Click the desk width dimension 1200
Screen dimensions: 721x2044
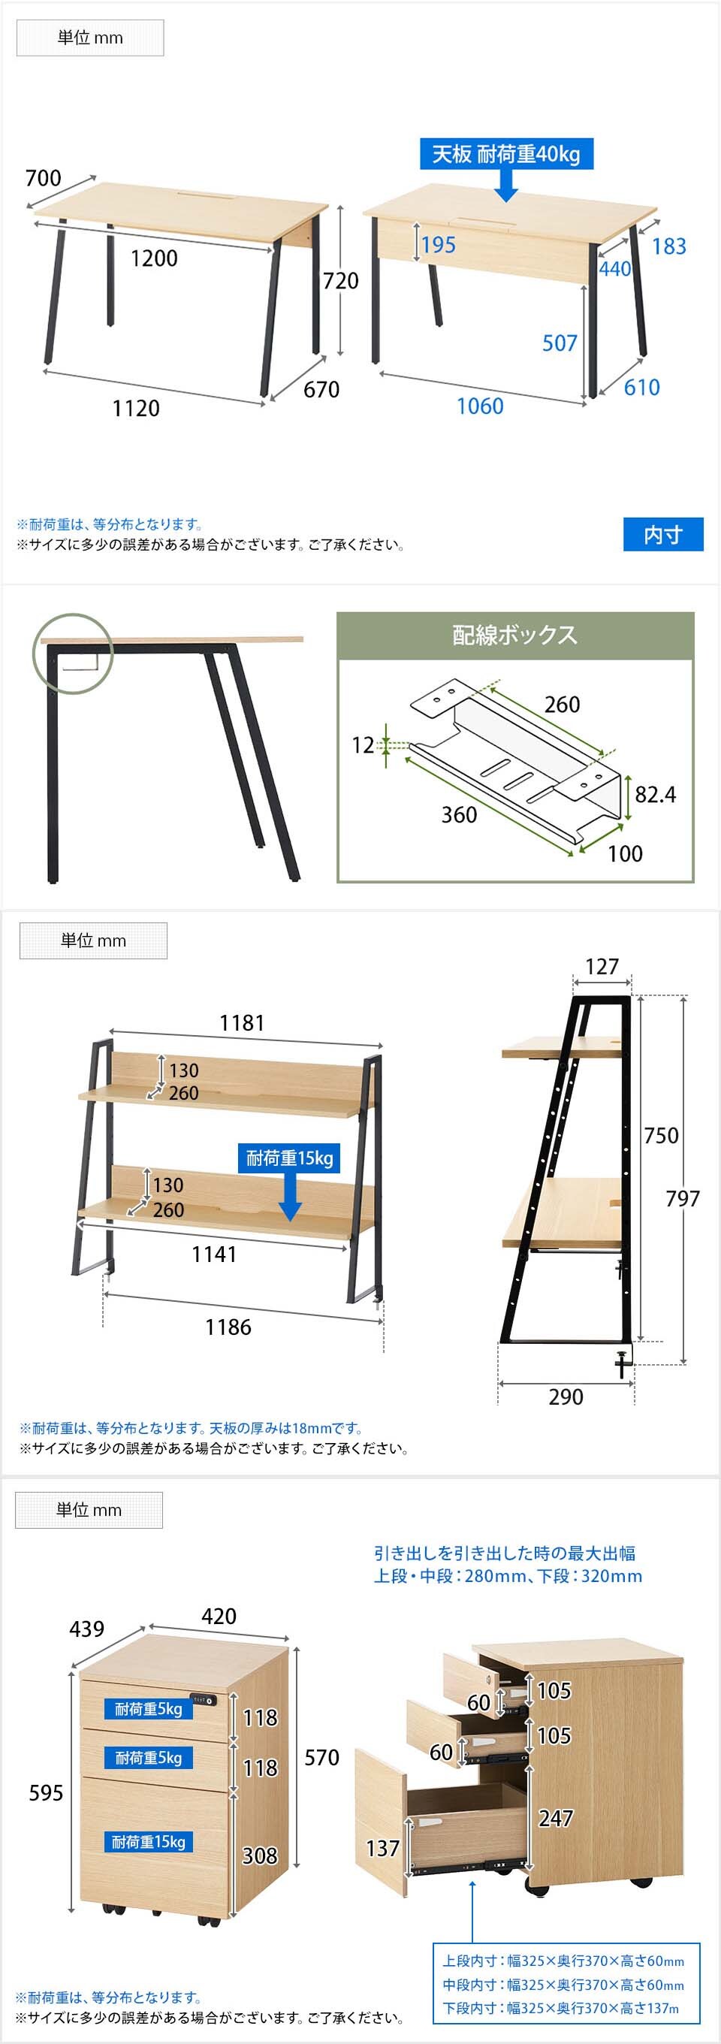[154, 258]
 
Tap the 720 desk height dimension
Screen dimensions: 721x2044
[340, 280]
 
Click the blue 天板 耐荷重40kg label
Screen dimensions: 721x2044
[506, 154]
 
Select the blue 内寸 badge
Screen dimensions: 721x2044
[663, 535]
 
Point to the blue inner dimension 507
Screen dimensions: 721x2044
[560, 343]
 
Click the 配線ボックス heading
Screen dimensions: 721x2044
[514, 635]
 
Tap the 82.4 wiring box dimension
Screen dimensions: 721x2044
[655, 794]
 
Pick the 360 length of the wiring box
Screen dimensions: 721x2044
[458, 815]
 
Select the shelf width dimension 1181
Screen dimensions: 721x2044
[242, 1023]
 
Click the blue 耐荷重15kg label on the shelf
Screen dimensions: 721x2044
[289, 1158]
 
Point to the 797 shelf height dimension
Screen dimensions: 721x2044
[683, 1198]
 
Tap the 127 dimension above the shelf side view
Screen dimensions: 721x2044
[602, 966]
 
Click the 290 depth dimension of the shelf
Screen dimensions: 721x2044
[566, 1396]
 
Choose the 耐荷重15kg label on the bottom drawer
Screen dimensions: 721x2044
[148, 1842]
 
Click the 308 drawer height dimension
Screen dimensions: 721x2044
[259, 1855]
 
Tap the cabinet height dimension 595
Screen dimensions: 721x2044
[46, 1792]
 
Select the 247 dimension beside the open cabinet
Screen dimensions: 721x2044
[555, 1817]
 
